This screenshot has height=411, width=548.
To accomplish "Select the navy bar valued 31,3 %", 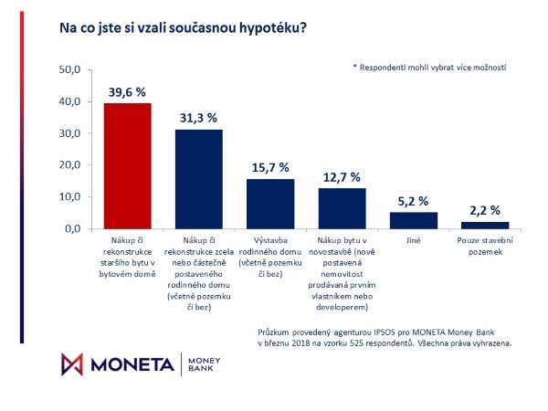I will pyautogui.click(x=198, y=179).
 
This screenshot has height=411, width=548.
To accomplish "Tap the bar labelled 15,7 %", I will pyautogui.click(x=269, y=204).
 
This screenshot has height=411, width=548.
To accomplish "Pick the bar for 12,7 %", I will pyautogui.click(x=342, y=208).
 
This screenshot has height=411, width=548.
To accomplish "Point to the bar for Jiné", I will pyautogui.click(x=413, y=220).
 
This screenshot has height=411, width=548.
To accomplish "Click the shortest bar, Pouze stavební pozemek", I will pyautogui.click(x=484, y=225).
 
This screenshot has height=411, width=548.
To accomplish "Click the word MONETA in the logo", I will pyautogui.click(x=131, y=364).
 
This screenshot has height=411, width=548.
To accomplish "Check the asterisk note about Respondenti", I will pyautogui.click(x=428, y=68).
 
